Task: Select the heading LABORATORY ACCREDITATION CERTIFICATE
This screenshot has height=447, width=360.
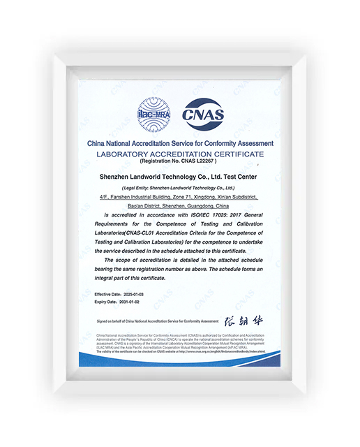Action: (x=180, y=153)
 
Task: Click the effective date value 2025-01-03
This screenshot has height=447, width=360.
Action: (x=137, y=295)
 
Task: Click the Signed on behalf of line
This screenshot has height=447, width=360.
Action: (x=158, y=321)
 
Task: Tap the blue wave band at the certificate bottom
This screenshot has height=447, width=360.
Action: (x=179, y=363)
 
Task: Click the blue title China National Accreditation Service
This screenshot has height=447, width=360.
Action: (x=180, y=143)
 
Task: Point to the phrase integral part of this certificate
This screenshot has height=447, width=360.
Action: (x=130, y=277)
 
